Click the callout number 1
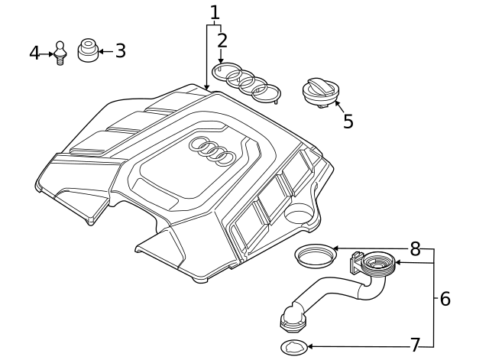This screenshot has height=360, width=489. point(215,12)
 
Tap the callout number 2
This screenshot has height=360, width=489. point(222,41)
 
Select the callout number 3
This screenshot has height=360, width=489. point(120,51)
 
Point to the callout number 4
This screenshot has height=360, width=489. point(34,53)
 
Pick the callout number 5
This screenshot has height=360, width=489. point(348,121)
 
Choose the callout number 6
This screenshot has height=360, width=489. point(445,298)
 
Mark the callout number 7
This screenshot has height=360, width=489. point(415,345)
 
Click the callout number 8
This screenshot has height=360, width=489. point(415,249)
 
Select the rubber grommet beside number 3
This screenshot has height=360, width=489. point(88,51)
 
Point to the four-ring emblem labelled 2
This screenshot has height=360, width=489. point(246,81)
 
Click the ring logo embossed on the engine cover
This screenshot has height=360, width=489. point(212,151)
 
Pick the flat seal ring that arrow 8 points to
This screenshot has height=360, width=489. point(314,255)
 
